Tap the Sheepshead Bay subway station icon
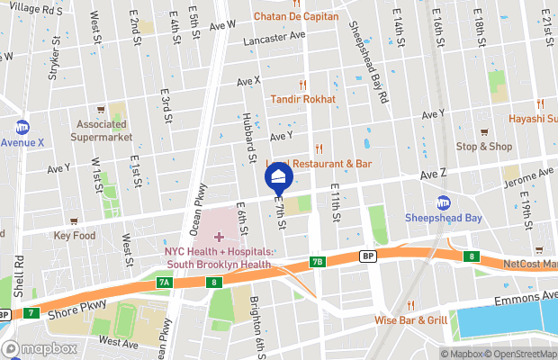coord(443,202)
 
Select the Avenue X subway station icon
coord(22,128)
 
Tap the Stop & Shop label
coord(483,147)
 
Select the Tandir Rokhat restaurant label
coord(304,99)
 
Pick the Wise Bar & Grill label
coord(411,319)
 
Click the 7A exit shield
coord(163,283)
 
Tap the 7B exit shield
coord(317,262)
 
